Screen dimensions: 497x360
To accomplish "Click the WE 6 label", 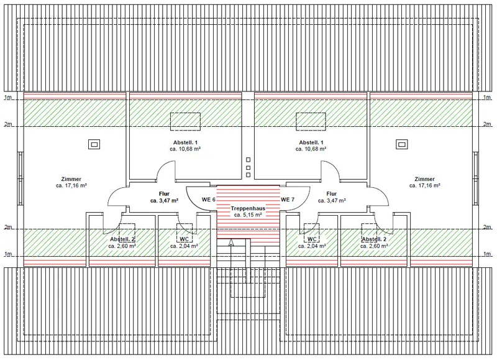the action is (209, 200).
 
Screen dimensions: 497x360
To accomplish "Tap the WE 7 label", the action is (288, 200).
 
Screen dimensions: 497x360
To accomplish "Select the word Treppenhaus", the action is (248, 208).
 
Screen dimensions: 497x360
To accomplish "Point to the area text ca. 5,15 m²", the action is (248, 215).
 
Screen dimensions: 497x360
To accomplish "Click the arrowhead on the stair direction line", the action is (231, 242).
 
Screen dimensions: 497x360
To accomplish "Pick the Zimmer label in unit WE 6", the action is (71, 179).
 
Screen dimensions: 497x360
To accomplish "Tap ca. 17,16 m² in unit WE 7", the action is (425, 185).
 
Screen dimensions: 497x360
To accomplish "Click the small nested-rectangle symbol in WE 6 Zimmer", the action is (94, 145).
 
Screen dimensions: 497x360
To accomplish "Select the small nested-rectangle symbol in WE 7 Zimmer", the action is (402, 145).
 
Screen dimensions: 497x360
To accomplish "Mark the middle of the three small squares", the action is (248, 167).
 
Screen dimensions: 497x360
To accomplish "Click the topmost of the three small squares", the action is (248, 160).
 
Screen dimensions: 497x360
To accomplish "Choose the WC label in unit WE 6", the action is (184, 239).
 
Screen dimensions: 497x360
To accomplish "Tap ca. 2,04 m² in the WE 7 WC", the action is (312, 246).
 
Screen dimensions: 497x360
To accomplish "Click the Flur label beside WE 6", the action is (164, 194).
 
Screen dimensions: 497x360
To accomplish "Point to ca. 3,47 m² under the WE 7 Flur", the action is (332, 200).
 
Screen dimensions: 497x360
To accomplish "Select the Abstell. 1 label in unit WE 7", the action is (311, 142).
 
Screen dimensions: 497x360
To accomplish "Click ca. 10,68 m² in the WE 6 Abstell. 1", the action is (185, 149).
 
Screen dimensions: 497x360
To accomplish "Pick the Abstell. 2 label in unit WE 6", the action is (122, 239).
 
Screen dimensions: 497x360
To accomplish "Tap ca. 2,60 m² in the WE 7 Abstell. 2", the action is (374, 246).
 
